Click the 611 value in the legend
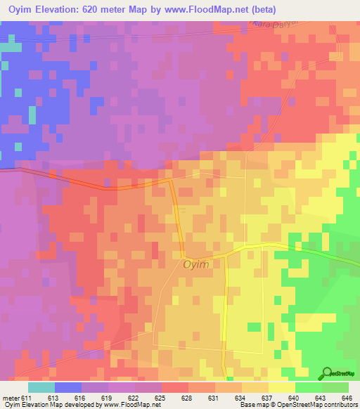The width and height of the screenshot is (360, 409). click(26, 397)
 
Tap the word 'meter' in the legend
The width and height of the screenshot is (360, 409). click(10, 397)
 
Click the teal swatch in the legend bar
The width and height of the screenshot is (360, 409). click(41, 387)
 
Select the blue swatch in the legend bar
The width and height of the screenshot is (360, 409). click(68, 387)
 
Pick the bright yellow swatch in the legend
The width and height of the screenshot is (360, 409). click(281, 387)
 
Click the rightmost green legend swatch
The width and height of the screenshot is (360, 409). click(335, 387)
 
